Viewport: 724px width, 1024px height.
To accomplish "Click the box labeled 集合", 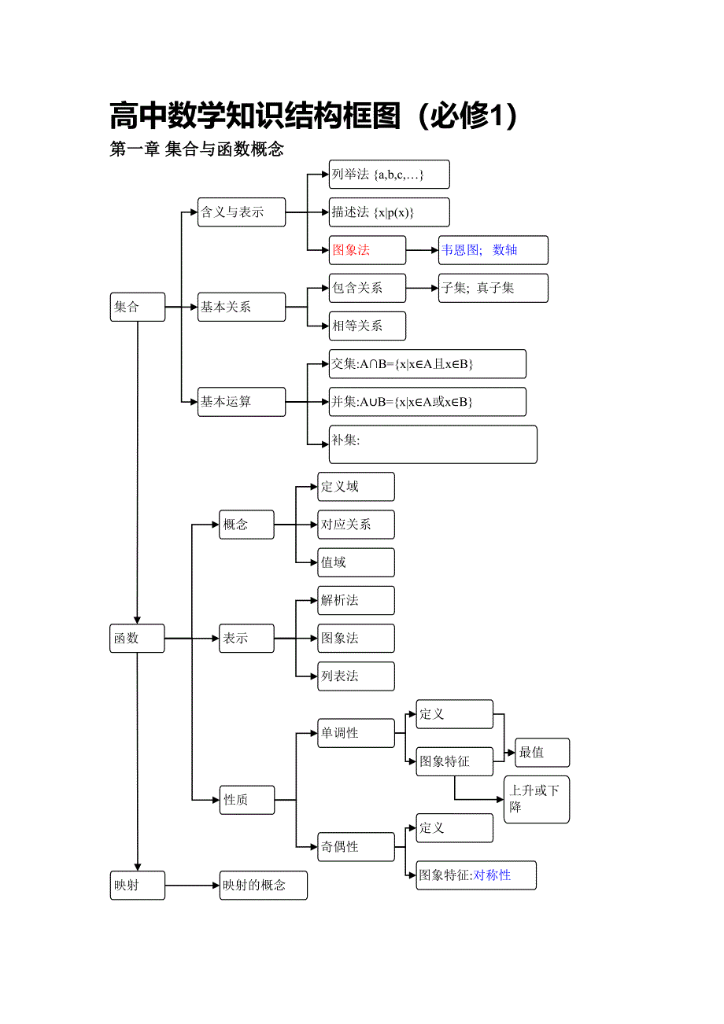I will coord(138,307).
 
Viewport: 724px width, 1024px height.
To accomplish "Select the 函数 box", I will coord(138,639).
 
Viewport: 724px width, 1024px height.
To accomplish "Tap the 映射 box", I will coord(138,885).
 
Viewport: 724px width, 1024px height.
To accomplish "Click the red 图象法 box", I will coord(368,250).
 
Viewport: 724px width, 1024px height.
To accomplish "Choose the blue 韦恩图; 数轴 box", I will coord(493,250).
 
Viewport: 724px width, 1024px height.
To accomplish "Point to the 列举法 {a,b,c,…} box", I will coord(389,175).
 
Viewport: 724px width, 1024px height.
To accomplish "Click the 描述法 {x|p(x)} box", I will coord(389,212).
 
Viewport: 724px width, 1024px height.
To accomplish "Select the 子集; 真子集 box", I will coord(493,288).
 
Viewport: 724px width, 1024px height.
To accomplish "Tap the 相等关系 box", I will coord(368,326).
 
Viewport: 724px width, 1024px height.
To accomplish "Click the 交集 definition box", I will coord(427,364).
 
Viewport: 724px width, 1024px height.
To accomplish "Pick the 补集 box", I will coord(433,444).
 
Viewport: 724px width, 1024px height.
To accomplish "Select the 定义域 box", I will coord(356,487).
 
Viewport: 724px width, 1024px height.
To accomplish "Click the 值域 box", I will coord(356,562).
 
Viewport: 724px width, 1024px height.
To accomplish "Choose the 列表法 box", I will coord(356,676).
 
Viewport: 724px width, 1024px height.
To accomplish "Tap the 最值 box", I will coord(542,753).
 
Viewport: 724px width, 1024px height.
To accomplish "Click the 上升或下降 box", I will coord(536,799).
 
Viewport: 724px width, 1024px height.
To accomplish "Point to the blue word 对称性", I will coord(493,875).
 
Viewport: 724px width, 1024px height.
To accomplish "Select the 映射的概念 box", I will coord(263,885).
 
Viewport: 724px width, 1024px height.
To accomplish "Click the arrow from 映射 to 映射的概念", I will coord(192,885).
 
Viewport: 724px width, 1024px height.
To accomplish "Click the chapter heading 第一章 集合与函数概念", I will coord(197,149).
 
